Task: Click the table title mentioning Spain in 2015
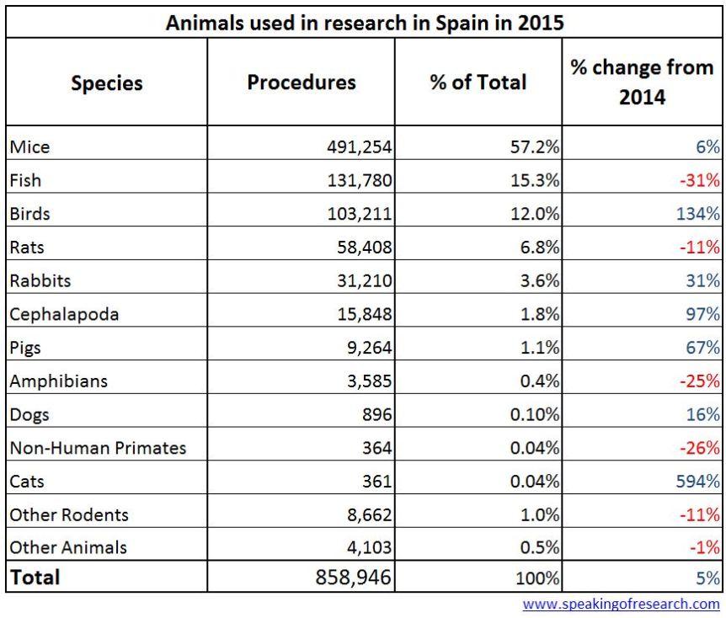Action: point(364,22)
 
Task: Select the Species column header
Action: point(107,83)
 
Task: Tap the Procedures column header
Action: point(301,82)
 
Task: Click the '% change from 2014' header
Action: point(642,82)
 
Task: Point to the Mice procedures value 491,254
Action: point(360,147)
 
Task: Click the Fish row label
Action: point(25,180)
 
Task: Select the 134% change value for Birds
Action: point(697,214)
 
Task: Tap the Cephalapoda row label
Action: point(64,314)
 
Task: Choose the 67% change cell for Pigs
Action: point(702,348)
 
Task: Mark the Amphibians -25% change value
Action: point(700,381)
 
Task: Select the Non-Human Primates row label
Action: point(98,448)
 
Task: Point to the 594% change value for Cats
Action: point(697,482)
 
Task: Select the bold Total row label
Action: point(35,577)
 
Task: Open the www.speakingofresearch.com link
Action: point(621,604)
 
